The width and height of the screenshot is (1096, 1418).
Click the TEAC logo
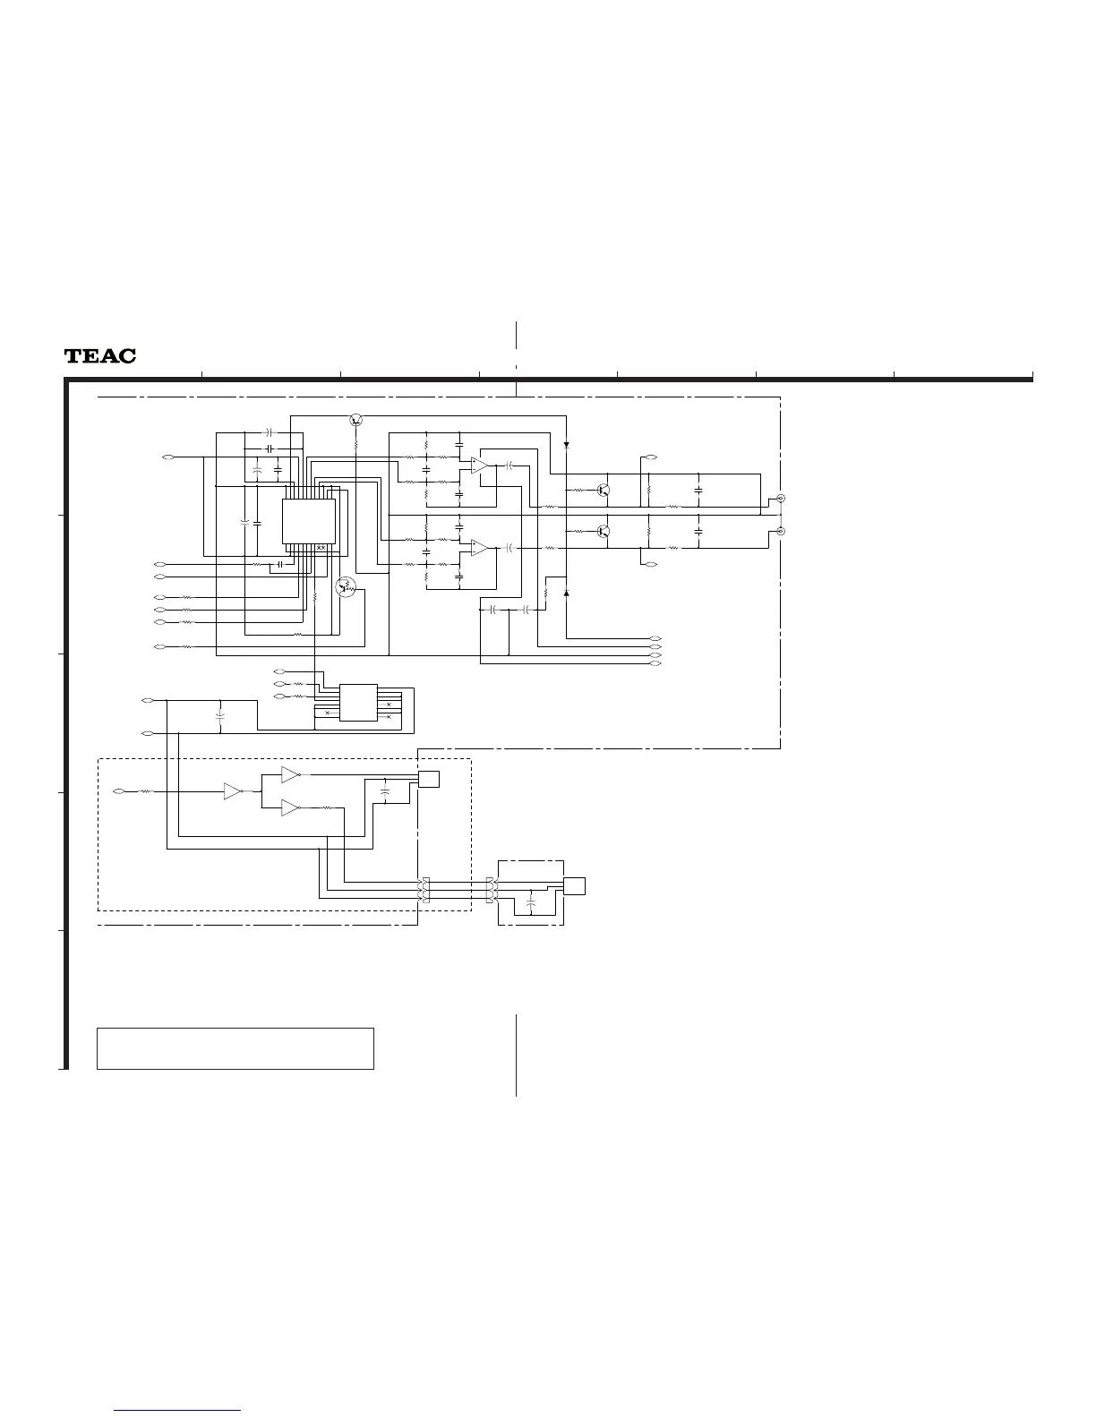(100, 356)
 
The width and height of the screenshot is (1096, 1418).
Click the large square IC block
(309, 521)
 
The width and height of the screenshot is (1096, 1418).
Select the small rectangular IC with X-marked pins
(358, 703)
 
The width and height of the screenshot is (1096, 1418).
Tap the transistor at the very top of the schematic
(356, 420)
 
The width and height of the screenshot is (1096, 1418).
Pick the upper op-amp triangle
(480, 466)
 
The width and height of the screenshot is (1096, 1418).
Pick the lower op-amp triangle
(480, 547)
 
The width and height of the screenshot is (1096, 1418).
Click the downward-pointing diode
(566, 445)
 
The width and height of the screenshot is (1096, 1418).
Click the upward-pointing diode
(566, 593)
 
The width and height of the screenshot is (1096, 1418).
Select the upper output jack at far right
(781, 498)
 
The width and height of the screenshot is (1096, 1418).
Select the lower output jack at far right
(781, 532)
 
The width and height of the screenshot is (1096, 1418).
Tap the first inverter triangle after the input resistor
(232, 791)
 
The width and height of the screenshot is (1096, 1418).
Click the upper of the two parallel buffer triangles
(290, 773)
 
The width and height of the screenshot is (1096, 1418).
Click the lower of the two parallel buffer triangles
(290, 808)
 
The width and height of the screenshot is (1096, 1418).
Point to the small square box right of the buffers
(429, 779)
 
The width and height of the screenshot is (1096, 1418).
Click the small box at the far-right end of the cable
(574, 885)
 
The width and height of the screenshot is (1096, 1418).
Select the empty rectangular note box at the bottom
(235, 1048)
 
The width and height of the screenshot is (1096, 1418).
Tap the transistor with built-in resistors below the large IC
(346, 587)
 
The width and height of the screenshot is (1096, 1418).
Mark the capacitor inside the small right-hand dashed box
(532, 905)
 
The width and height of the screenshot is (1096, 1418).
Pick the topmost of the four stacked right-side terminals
(655, 637)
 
